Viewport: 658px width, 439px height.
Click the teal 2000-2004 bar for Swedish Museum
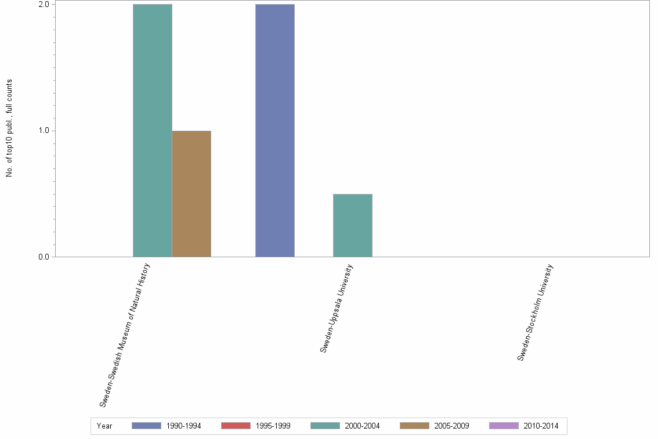(x=152, y=131)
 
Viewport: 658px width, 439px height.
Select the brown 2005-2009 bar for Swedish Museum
(x=191, y=193)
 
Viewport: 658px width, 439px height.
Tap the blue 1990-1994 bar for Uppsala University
(x=275, y=131)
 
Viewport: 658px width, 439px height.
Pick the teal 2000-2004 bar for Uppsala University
(x=352, y=225)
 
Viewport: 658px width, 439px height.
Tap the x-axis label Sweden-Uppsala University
(x=337, y=308)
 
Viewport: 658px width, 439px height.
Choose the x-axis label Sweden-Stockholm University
(x=536, y=312)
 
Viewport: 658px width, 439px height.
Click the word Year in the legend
(x=105, y=426)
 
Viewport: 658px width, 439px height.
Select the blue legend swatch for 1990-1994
(x=146, y=426)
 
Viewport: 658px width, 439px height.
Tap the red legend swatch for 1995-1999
(x=236, y=426)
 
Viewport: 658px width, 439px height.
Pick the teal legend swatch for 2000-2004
(x=325, y=426)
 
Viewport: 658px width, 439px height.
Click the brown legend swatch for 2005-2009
(x=414, y=426)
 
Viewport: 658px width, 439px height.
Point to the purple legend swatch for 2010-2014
(x=504, y=426)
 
